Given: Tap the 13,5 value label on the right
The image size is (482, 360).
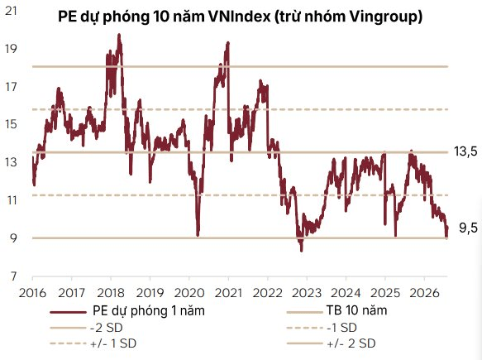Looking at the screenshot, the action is click(465, 151).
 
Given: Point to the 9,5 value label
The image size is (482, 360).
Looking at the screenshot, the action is click(469, 228).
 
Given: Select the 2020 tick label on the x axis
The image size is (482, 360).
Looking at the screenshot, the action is click(189, 293).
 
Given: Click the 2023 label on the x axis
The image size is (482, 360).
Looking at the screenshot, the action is click(307, 293).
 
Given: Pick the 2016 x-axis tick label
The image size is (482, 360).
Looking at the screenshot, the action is click(32, 293).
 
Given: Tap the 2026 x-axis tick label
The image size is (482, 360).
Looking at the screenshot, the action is click(424, 293).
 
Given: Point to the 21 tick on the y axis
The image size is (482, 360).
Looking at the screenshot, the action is click(11, 11).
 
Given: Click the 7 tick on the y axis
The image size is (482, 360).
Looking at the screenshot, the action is click(13, 276).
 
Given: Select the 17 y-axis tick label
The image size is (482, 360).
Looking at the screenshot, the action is click(11, 88).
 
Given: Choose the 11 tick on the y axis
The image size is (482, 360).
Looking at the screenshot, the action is click(12, 200).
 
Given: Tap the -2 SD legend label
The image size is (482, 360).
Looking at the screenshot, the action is click(107, 328).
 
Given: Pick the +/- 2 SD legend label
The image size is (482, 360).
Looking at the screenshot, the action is click(351, 343).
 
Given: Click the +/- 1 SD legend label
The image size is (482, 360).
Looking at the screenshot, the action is click(113, 343).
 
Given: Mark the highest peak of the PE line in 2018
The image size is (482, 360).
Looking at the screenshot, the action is click(119, 35).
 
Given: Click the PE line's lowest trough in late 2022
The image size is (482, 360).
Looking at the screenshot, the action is click(302, 251).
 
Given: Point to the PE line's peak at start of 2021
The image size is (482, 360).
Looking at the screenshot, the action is click(228, 43).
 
